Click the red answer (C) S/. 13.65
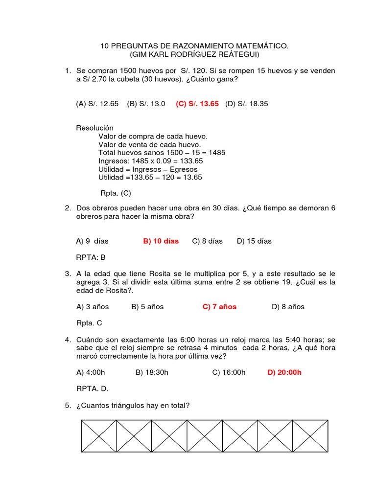tap(197, 104)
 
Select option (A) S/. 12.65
tap(97, 104)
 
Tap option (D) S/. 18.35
tap(247, 104)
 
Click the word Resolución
tap(94, 128)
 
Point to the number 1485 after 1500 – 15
tap(216, 153)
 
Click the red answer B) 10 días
tap(161, 241)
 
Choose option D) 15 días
tap(254, 241)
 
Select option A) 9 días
tap(92, 241)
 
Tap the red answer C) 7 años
tap(219, 307)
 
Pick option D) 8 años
tap(288, 307)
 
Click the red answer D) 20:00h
tap(284, 372)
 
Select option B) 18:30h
tap(152, 372)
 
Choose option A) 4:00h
tap(91, 372)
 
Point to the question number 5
tap(68, 406)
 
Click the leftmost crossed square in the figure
tap(98, 435)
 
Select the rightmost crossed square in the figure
tap(310, 435)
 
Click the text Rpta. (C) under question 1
tap(116, 193)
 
